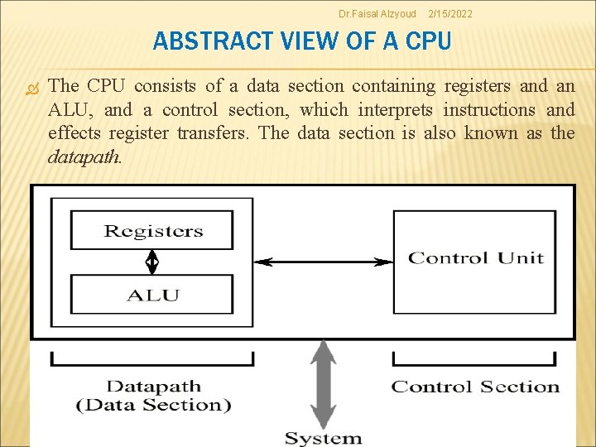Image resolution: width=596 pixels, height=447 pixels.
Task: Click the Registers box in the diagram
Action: pyautogui.click(x=152, y=230)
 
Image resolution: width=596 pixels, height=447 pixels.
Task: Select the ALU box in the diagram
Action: pyautogui.click(x=152, y=294)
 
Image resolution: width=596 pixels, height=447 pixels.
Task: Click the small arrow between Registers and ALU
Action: pyautogui.click(x=152, y=262)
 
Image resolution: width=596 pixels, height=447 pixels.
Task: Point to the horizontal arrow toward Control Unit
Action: pyautogui.click(x=323, y=262)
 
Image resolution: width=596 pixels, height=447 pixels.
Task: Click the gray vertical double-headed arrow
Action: pyautogui.click(x=323, y=384)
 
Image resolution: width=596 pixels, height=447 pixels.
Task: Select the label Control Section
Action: pyautogui.click(x=475, y=387)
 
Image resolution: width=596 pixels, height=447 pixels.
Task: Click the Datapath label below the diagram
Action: pyautogui.click(x=154, y=386)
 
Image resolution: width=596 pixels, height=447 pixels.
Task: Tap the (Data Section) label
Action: pyautogui.click(x=154, y=405)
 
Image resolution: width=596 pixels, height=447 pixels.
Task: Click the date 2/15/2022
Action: pyautogui.click(x=449, y=14)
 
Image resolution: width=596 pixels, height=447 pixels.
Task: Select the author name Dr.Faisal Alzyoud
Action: pyautogui.click(x=377, y=14)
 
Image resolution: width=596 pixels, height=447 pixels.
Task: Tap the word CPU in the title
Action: pyautogui.click(x=429, y=41)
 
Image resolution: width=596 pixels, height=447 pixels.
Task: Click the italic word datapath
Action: pyautogui.click(x=84, y=156)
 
